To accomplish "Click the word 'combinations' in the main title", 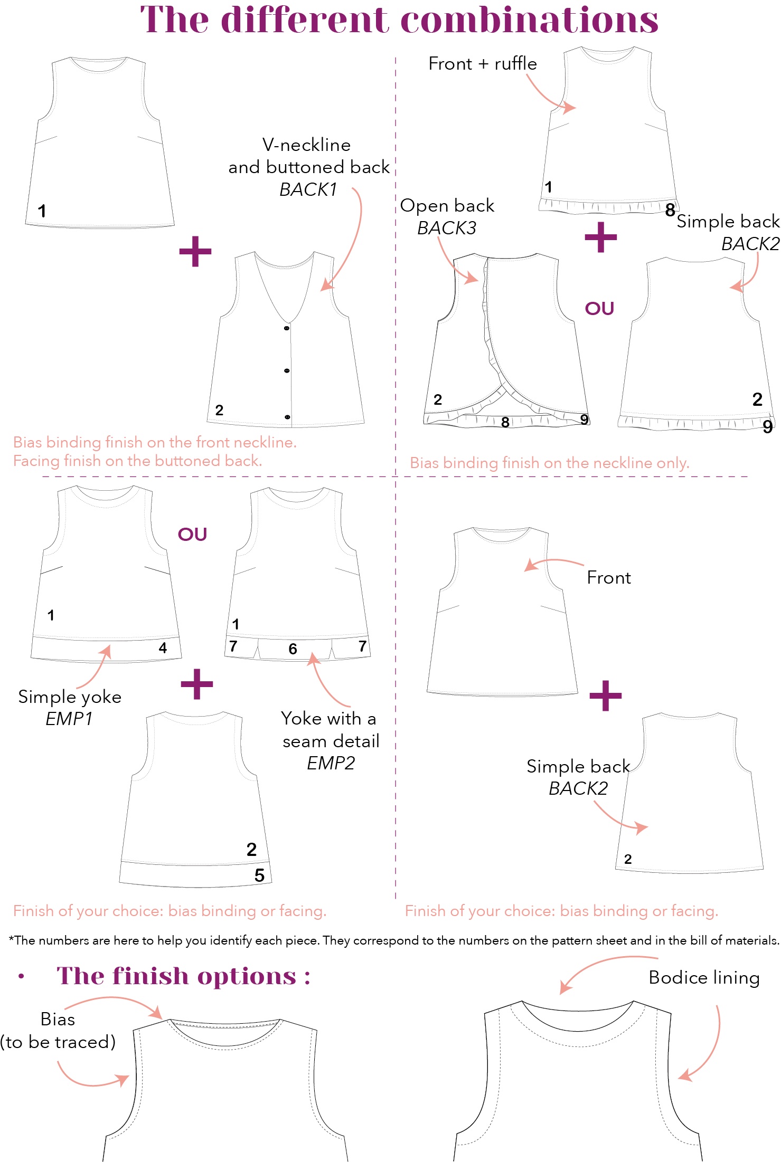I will coord(529,20).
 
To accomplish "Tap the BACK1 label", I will coord(308,189).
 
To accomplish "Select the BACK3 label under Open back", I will coord(447,228).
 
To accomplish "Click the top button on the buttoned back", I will coord(287,328).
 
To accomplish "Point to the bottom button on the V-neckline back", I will coord(287,417).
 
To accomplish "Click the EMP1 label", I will coord(69,719).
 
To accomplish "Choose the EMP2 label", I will coord(331,763).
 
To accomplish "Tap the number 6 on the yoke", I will coord(293,649).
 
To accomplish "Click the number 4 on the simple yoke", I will coord(163,648).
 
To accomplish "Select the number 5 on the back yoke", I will coord(259,875).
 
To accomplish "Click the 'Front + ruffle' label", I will coord(483,64).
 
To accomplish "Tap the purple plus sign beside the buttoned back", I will coord(195,251).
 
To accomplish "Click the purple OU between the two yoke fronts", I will coord(192,535).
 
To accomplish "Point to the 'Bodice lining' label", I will coord(704,978).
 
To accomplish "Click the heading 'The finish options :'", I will coord(183,976).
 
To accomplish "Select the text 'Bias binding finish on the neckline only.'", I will coord(550,463).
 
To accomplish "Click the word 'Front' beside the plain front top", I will coord(609,578).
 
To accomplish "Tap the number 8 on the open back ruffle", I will coord(505,422).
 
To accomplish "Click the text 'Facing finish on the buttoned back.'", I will coord(137,461).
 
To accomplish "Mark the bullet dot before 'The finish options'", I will coord(21,977).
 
